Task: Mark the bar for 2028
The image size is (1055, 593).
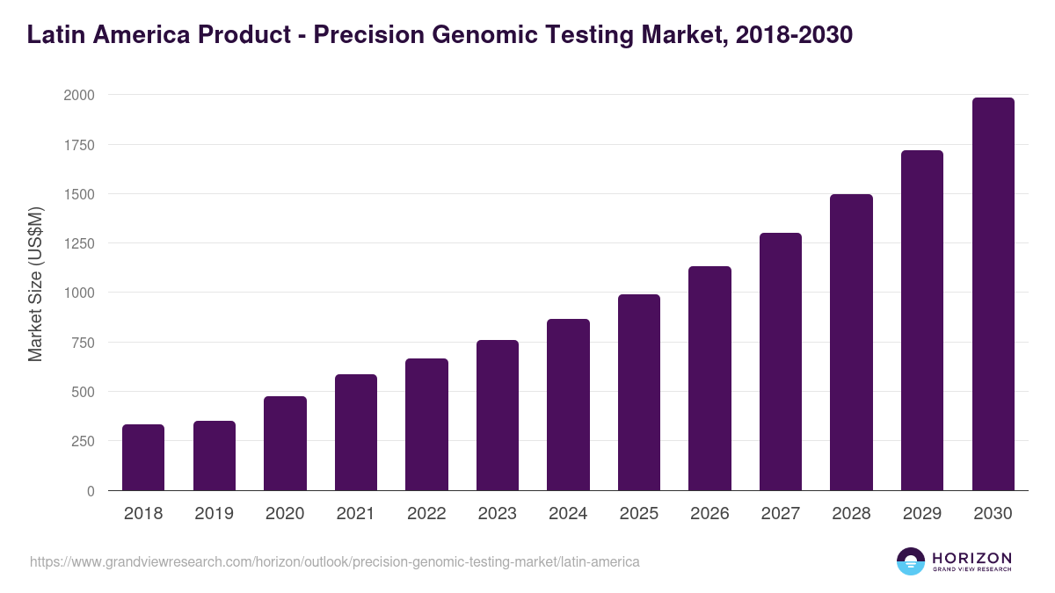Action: click(851, 342)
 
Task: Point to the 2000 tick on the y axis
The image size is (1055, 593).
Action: click(78, 95)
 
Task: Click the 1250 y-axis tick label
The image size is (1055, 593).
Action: click(78, 243)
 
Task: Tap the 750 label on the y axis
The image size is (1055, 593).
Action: click(83, 343)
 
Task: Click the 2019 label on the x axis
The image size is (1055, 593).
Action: click(214, 514)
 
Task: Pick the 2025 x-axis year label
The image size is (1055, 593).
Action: click(638, 514)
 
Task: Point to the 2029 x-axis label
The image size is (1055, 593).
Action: click(921, 514)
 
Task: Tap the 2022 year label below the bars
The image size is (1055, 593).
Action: click(426, 514)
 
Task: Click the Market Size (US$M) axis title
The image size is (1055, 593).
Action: click(36, 285)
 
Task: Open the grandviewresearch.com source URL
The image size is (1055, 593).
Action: click(334, 561)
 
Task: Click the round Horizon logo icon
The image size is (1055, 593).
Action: click(910, 561)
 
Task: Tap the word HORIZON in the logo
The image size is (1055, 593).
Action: click(971, 557)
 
